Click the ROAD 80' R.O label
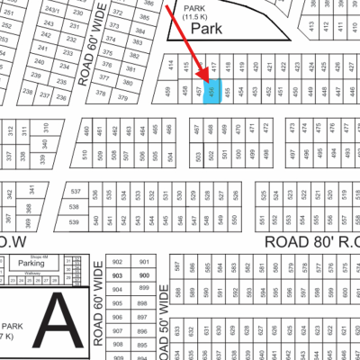coord(311,242)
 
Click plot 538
coord(76,207)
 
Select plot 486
coord(170,130)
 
